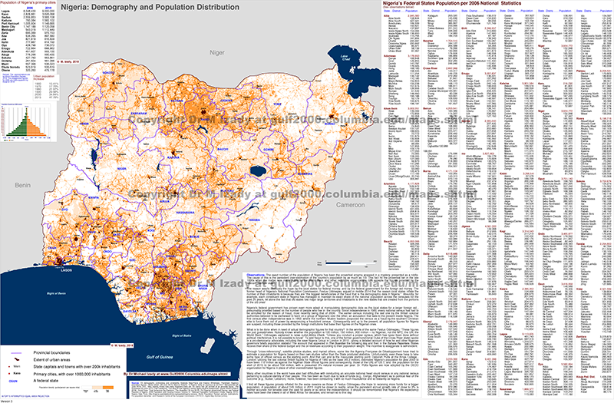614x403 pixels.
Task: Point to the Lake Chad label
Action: pyautogui.click(x=347, y=59)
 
